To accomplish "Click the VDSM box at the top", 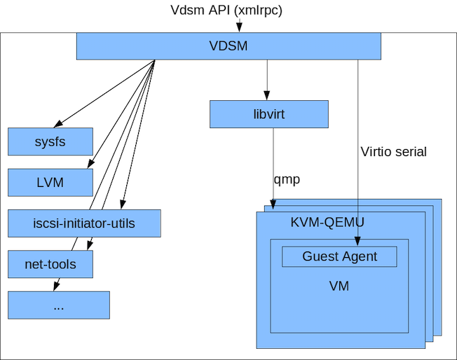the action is tap(228, 46).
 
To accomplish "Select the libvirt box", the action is tap(269, 114).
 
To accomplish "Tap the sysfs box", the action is tap(50, 141).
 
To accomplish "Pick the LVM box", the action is tap(50, 183).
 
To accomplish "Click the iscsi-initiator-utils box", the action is tap(84, 223).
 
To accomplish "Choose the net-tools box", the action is tap(50, 264).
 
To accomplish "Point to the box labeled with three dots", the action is tap(59, 305).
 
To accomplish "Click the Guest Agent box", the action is tap(339, 256).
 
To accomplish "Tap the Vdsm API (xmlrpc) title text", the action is tap(226, 11).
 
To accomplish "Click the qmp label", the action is tap(287, 180).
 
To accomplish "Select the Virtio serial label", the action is tap(394, 152).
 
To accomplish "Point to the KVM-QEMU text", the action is tap(327, 223).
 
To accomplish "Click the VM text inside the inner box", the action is tap(339, 286).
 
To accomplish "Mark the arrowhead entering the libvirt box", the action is tap(266, 95).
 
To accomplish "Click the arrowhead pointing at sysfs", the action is tap(57, 124).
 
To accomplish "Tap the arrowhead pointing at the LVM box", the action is tap(90, 164).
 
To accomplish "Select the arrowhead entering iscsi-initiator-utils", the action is tap(123, 205).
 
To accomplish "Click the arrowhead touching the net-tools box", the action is tap(90, 246).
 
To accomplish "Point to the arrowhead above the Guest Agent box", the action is tap(357, 241).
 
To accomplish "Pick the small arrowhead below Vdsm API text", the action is tap(239, 28).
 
